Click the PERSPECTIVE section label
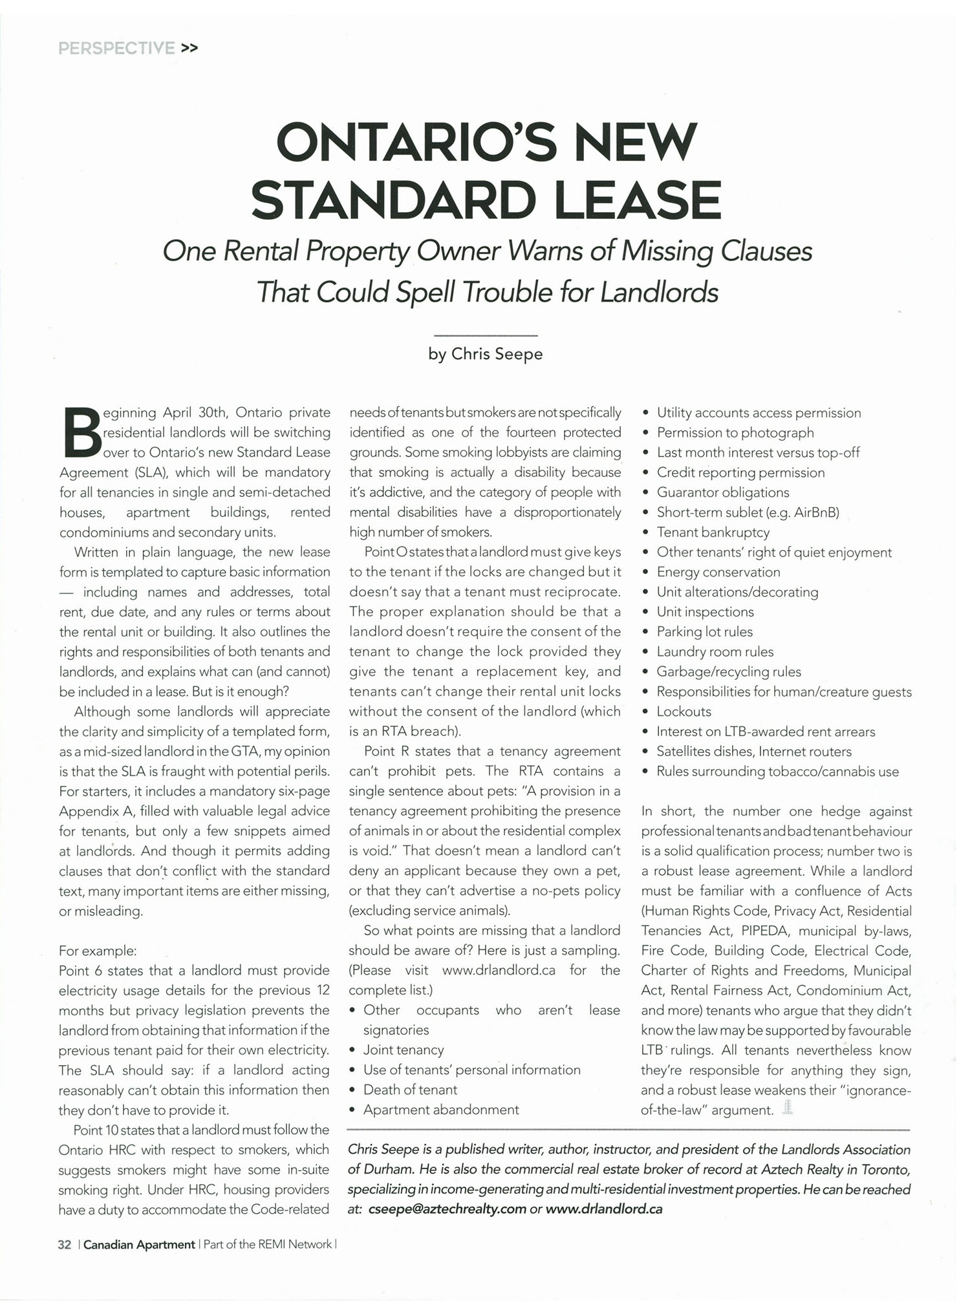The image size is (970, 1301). point(116,48)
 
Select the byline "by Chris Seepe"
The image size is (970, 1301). point(486,354)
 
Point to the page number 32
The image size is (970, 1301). point(65,1244)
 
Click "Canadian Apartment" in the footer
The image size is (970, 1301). point(139,1244)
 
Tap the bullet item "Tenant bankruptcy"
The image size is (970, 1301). point(713,533)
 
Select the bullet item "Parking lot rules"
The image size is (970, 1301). point(704,631)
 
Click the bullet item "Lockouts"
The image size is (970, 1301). point(684,712)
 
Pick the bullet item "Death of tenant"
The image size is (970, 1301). point(410,1090)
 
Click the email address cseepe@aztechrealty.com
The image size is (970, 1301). point(447,1209)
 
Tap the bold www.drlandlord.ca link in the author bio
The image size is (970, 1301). point(604,1209)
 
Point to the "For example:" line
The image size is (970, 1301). point(98,951)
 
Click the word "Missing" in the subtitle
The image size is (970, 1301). point(667,251)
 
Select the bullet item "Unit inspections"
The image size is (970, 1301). point(705,612)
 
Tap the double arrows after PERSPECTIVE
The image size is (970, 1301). point(189,48)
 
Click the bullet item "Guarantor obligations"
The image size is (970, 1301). point(722,492)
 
